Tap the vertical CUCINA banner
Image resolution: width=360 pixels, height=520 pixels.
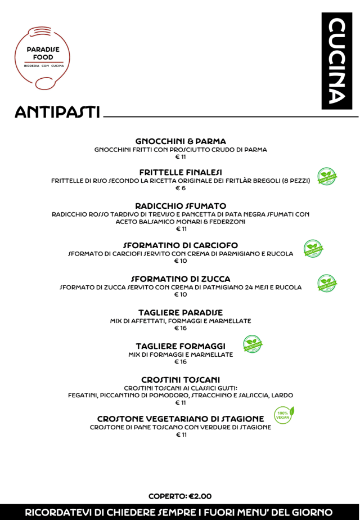click(336, 61)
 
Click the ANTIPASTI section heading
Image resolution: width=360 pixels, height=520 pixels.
click(57, 113)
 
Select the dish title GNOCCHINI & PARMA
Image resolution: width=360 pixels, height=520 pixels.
click(181, 141)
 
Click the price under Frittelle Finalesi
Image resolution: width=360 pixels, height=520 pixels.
click(181, 188)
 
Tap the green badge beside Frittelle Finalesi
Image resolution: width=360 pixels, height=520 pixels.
click(327, 177)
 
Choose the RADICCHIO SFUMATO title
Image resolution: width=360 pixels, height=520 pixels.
click(181, 206)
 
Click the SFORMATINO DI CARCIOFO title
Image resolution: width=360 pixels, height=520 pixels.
click(181, 245)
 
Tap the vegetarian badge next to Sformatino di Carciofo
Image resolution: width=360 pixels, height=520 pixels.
click(313, 248)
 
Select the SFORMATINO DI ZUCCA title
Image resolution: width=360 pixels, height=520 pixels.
click(181, 279)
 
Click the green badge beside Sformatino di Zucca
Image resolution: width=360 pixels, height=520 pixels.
click(327, 283)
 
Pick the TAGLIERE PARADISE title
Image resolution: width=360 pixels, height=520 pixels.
click(181, 312)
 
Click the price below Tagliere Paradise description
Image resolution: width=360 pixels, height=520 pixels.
click(181, 328)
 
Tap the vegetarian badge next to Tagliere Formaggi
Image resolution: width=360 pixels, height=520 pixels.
click(253, 344)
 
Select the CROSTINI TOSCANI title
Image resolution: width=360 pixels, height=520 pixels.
click(181, 380)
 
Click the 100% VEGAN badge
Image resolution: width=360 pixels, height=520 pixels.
click(283, 415)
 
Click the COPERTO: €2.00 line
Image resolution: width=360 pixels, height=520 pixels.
click(180, 496)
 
